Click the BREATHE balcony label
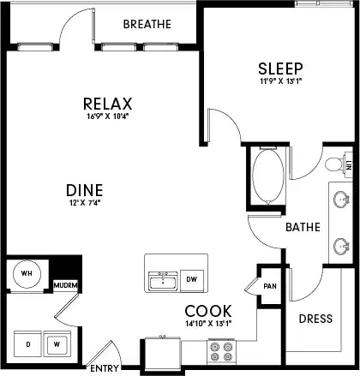coord(147,24)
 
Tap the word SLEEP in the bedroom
coord(278,68)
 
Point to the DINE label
coord(84,189)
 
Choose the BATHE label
coord(303,228)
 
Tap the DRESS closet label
coord(315,319)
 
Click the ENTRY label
coord(105,369)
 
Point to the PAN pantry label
coord(270,286)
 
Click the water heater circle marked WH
coord(27,274)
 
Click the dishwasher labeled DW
coord(192,279)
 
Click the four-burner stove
coord(221,349)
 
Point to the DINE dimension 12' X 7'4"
coord(84,203)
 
